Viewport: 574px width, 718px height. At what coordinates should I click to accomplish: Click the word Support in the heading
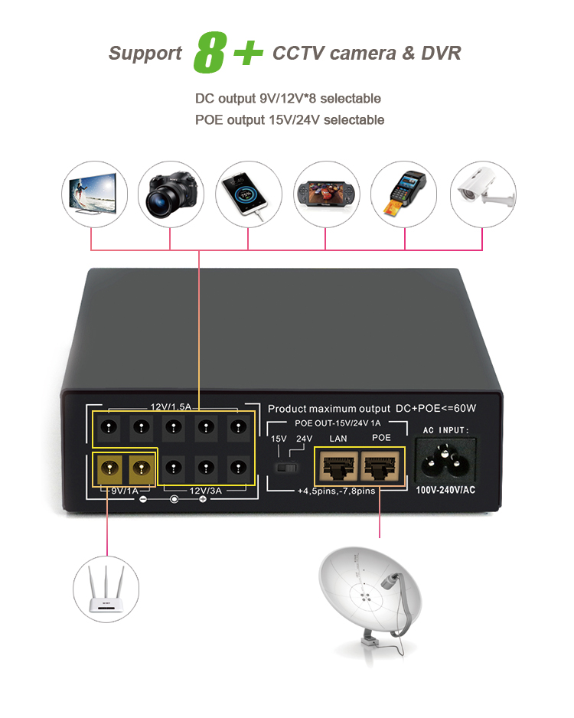pos(145,54)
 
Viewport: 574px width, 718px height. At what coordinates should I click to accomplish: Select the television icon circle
pos(93,193)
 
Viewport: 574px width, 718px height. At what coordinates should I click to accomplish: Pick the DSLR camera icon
pos(170,193)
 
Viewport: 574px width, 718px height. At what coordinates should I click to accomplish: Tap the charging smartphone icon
pos(248,193)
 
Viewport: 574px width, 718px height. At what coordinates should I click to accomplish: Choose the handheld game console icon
pos(326,193)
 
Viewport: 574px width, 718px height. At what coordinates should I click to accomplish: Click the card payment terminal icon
pos(404,193)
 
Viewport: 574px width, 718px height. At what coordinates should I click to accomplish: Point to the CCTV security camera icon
pos(482,193)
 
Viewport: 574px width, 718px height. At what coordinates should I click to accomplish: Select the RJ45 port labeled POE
pos(380,464)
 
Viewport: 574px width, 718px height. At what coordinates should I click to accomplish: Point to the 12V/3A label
pos(205,491)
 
